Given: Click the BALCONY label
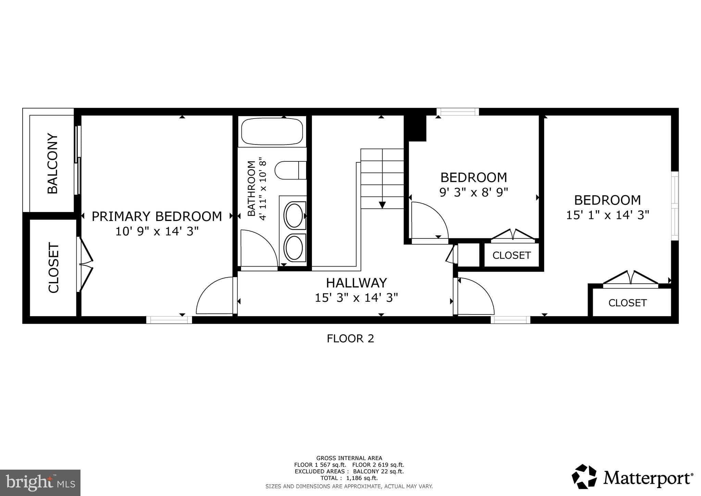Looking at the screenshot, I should pyautogui.click(x=52, y=164).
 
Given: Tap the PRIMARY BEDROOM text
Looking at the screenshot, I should pyautogui.click(x=157, y=216).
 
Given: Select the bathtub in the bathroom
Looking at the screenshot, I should pyautogui.click(x=272, y=132).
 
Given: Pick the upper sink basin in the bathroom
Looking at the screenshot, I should pyautogui.click(x=294, y=215).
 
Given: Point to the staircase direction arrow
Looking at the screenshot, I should pyautogui.click(x=382, y=204).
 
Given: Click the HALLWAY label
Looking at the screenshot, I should pyautogui.click(x=356, y=283).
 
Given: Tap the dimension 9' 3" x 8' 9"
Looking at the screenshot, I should pyautogui.click(x=474, y=192).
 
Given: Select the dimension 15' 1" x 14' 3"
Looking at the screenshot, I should pyautogui.click(x=608, y=215).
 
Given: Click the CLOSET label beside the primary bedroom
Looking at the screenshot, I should pyautogui.click(x=54, y=268).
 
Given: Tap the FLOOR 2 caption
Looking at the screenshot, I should pyautogui.click(x=350, y=338).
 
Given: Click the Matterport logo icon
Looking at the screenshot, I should pyautogui.click(x=584, y=476).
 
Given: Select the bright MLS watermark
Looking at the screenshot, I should pyautogui.click(x=40, y=483).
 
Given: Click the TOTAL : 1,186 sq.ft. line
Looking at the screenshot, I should pyautogui.click(x=349, y=478).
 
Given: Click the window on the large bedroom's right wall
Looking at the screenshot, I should pyautogui.click(x=674, y=206).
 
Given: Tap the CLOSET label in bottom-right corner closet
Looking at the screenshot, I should pyautogui.click(x=627, y=303).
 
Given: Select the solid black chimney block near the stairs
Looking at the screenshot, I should pyautogui.click(x=415, y=127).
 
